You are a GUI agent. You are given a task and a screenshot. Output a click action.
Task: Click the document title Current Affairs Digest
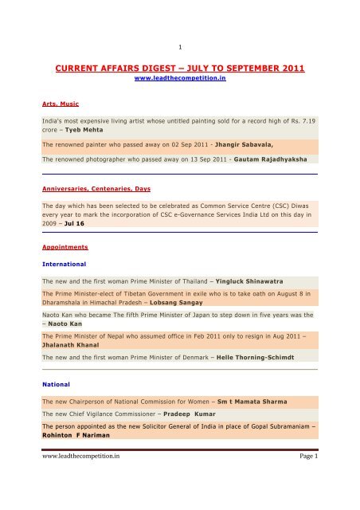(x=180, y=68)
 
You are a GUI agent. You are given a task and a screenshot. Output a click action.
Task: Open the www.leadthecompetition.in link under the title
(x=179, y=80)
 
